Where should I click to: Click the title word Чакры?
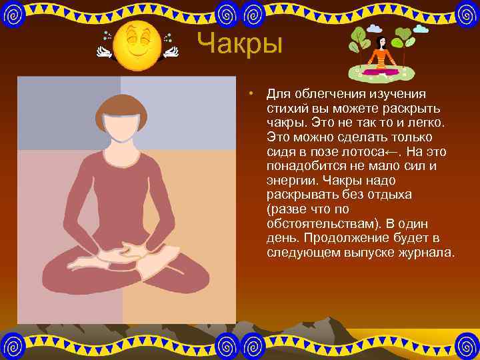click(x=241, y=45)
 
